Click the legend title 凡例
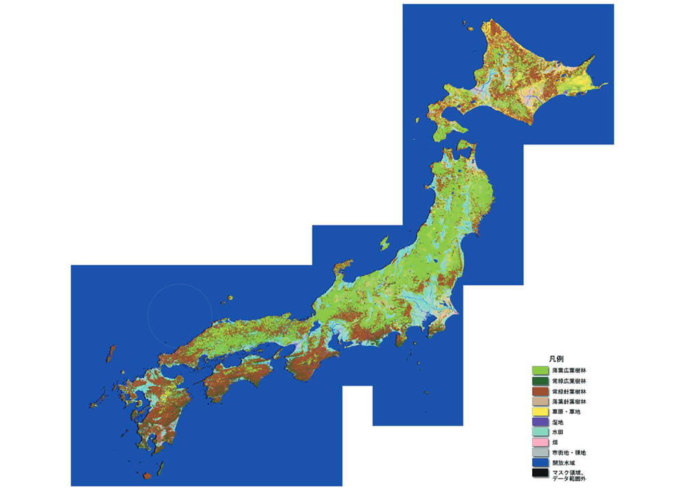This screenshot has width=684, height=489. [x=555, y=358]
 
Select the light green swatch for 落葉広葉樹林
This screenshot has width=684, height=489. [x=541, y=370]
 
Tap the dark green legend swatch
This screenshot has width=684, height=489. [x=541, y=380]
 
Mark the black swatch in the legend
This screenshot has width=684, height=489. [x=541, y=473]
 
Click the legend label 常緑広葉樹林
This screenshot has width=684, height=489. [x=569, y=380]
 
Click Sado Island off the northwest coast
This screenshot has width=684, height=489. [x=384, y=243]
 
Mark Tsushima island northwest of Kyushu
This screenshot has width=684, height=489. [x=110, y=354]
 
